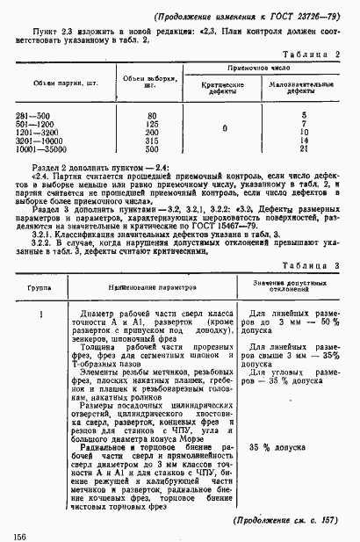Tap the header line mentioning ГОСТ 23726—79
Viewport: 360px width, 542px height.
point(256,18)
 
